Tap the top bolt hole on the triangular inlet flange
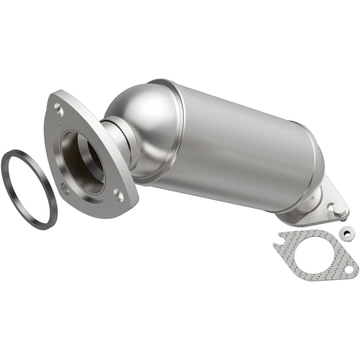point(59,109)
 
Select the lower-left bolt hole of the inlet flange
point(64,188)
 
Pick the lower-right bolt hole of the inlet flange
point(119,195)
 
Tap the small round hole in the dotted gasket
point(349,268)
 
